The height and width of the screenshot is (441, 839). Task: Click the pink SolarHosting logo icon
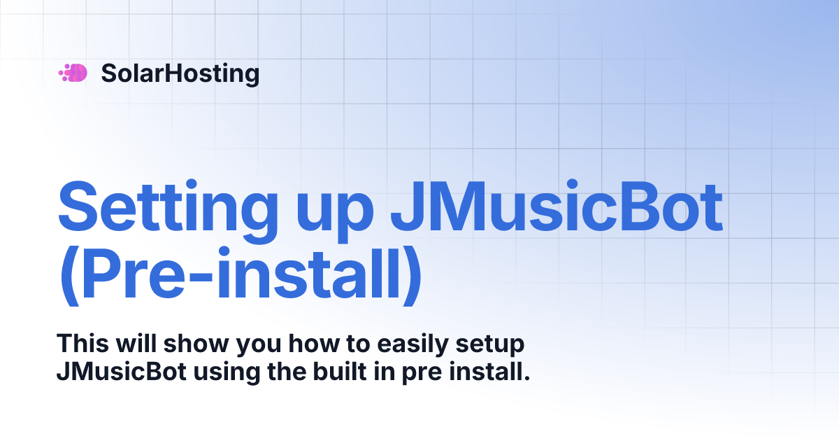(x=73, y=73)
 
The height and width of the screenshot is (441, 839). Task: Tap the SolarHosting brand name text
(x=180, y=73)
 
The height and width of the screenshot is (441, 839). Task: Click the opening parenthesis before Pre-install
(x=69, y=276)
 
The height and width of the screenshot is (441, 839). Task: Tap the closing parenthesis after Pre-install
(x=410, y=276)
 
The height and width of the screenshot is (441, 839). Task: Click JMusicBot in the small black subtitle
(x=121, y=370)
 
